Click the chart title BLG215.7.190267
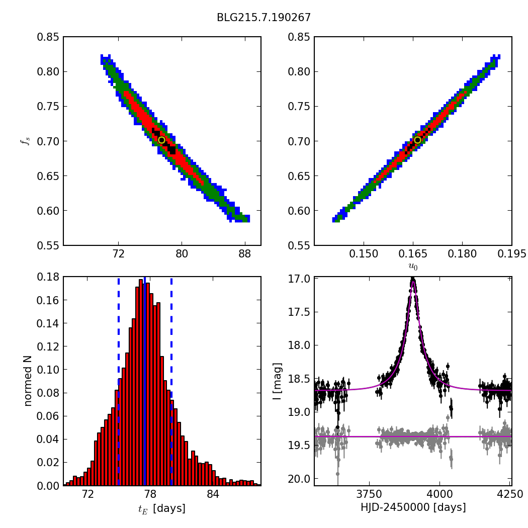tap(263, 18)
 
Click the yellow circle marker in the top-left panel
tap(161, 140)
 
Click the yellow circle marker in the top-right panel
tap(417, 140)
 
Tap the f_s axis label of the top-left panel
tap(25, 141)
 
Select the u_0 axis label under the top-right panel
tap(413, 267)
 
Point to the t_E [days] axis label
tap(162, 508)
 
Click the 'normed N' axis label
tap(28, 381)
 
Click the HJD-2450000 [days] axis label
tap(413, 507)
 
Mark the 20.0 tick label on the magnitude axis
tap(299, 479)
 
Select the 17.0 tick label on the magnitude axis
tap(299, 279)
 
